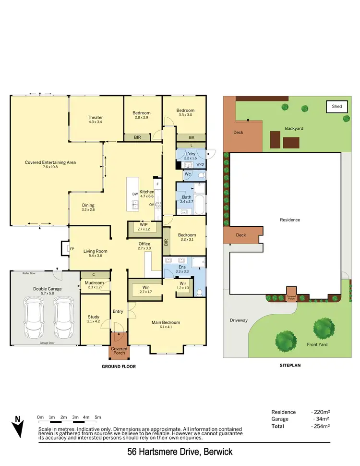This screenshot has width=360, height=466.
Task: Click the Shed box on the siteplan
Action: (x=337, y=106)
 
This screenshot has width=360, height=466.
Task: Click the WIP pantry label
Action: (x=144, y=227)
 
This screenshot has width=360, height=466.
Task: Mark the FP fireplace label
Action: (x=72, y=249)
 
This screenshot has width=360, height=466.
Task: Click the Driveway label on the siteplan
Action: (x=238, y=319)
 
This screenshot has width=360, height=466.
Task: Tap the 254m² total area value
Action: (x=320, y=426)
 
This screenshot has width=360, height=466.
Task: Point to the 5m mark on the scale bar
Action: (x=98, y=417)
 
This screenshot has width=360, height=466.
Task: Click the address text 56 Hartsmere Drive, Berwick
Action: (x=180, y=452)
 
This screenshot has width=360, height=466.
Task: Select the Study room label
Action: (x=94, y=319)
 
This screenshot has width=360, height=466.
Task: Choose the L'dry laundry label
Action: (x=191, y=155)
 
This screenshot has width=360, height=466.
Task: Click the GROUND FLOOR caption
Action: (x=119, y=366)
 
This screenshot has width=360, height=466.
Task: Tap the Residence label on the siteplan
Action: (x=290, y=220)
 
